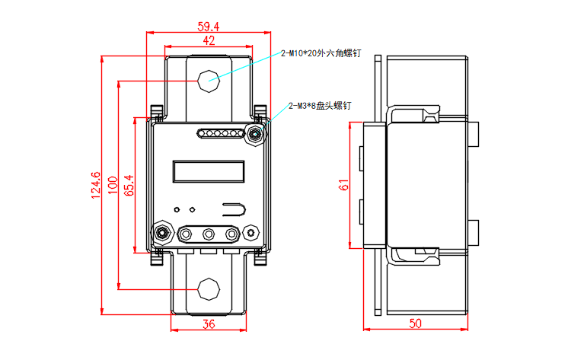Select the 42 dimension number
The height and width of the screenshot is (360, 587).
pyautogui.click(x=209, y=40)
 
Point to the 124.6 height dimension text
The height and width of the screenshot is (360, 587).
pyautogui.click(x=96, y=186)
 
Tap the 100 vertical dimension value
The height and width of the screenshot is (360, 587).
pyautogui.click(x=113, y=186)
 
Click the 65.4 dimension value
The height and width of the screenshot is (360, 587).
pyautogui.click(x=129, y=186)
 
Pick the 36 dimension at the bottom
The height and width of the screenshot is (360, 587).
pyautogui.click(x=209, y=323)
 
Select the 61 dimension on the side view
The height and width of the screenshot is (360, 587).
pyautogui.click(x=343, y=186)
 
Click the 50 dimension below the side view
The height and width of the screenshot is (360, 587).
pyautogui.click(x=415, y=323)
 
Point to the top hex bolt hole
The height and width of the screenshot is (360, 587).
pyautogui.click(x=208, y=79)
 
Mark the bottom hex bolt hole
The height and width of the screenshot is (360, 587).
pyautogui.click(x=208, y=288)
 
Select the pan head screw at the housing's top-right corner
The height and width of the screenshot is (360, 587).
pyautogui.click(x=254, y=135)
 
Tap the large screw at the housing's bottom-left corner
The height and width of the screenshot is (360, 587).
pyautogui.click(x=162, y=232)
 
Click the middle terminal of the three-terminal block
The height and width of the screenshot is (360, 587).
pyautogui.click(x=209, y=234)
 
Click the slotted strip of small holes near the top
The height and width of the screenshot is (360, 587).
pyautogui.click(x=219, y=135)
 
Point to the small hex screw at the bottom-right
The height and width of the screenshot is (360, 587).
pyautogui.click(x=251, y=232)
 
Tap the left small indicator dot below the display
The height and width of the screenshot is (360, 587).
pyautogui.click(x=177, y=209)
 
